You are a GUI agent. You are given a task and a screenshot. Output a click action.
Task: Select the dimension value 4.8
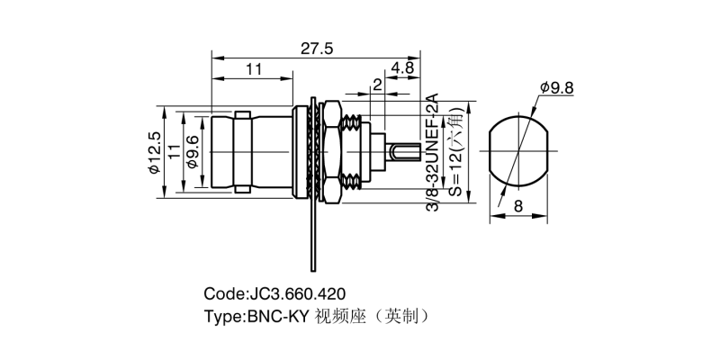(402, 67)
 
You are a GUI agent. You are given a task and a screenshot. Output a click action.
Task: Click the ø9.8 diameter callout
(558, 87)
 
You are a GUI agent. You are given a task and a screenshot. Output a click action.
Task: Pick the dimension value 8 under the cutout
(518, 207)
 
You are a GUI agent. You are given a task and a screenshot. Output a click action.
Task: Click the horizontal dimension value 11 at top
(253, 67)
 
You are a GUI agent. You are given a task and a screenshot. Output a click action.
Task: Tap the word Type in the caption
(222, 316)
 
